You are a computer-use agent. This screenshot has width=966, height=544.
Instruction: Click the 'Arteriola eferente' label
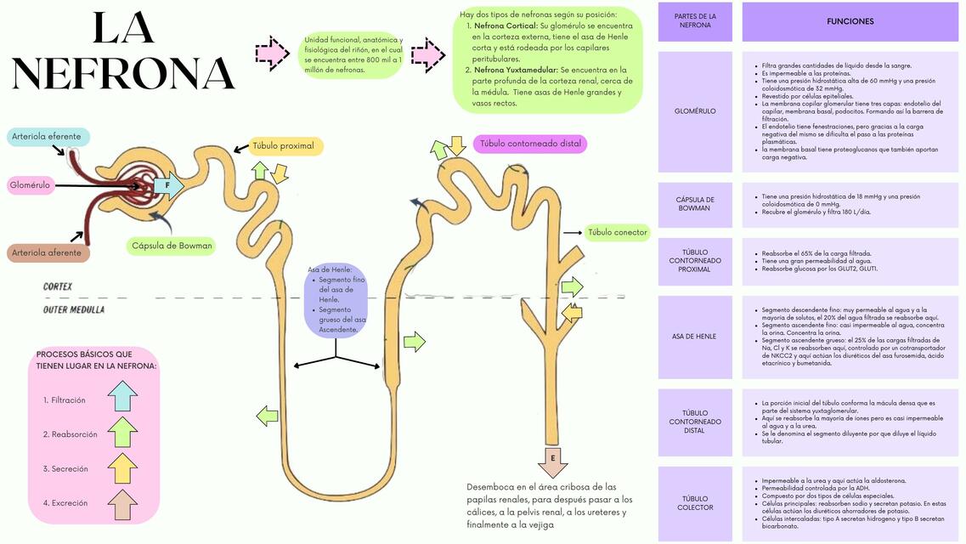point(48,137)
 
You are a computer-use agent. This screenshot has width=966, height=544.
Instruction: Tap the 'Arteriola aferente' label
point(48,252)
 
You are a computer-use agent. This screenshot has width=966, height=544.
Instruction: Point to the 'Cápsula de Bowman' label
point(172,246)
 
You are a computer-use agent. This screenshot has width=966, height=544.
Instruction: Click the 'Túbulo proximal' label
point(284,146)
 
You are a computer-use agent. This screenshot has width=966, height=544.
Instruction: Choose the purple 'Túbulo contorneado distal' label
point(530,144)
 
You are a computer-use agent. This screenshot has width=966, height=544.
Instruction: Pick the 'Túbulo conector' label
point(618,232)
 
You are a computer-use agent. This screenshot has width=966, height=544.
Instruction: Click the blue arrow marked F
point(169,185)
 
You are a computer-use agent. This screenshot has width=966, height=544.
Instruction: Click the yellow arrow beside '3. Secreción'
point(122,468)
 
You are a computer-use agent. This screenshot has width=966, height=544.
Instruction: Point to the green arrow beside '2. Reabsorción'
point(122,432)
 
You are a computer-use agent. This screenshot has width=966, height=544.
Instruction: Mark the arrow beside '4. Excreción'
point(122,505)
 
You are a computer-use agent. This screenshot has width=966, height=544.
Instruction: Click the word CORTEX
point(59,287)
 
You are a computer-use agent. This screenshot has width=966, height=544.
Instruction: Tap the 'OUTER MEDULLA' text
point(74,310)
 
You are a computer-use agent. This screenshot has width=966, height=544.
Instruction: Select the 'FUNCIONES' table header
point(850,22)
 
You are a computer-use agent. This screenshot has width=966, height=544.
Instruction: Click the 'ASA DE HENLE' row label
point(694,337)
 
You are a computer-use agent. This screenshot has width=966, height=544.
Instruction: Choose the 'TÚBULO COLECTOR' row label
point(694,503)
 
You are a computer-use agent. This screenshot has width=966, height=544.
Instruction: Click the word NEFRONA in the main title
point(124,74)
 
